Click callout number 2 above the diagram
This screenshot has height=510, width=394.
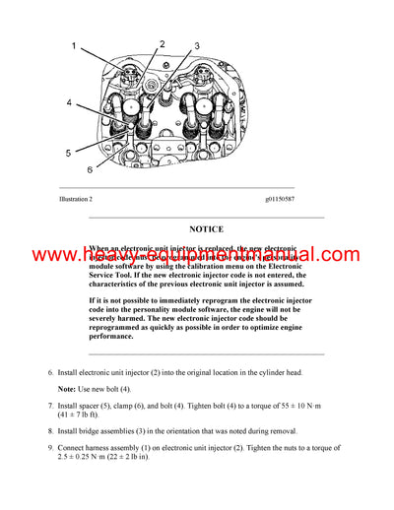coord(162,44)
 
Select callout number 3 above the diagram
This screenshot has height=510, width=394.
coord(196,46)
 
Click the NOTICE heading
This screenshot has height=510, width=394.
coord(206,229)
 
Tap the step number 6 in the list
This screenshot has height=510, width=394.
coord(51,373)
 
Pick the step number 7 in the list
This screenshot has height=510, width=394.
coord(51,405)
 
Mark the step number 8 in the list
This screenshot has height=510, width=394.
coord(51,431)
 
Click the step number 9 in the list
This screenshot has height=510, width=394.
coord(51,449)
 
